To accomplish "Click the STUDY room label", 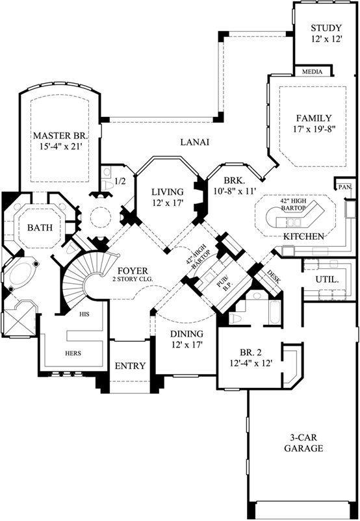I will (x=326, y=28).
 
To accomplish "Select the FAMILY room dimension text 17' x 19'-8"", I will (x=314, y=130).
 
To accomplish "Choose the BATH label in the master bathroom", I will (x=40, y=228).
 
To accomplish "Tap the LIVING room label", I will (x=168, y=192).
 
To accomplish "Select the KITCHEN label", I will (x=303, y=236).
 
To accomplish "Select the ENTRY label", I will (x=130, y=366).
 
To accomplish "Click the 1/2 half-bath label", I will (x=120, y=181).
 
